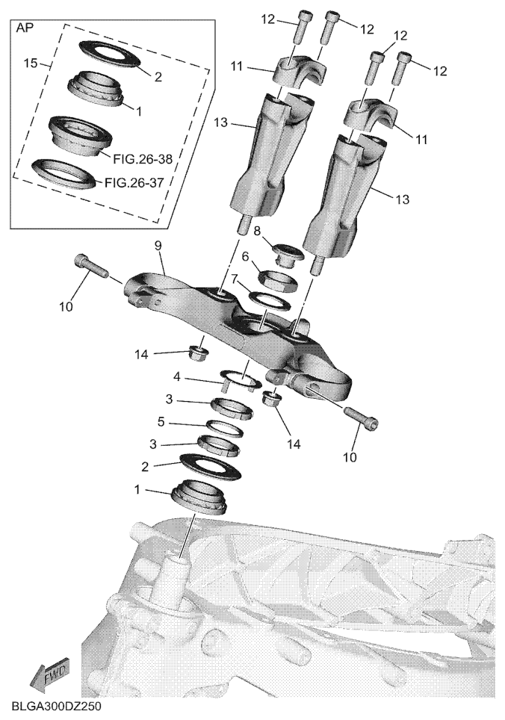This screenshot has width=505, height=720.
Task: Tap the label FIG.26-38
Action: pos(143,159)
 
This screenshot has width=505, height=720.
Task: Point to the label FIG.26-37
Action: pos(134,183)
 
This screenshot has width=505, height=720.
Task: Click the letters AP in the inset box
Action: pos(25,28)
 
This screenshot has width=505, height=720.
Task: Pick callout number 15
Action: pos(31,63)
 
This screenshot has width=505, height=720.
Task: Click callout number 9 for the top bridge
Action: pos(158,246)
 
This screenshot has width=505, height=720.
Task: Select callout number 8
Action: pos(257,230)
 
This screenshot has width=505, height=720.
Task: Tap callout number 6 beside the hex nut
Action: pos(245,256)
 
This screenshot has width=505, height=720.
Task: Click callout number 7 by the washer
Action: pos(235,279)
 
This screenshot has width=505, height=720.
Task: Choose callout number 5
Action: pos(161,421)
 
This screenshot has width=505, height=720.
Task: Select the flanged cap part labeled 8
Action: pos(288,255)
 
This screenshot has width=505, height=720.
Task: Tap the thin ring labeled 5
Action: pos(225,428)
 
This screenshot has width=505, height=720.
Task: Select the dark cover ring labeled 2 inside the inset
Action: pos(109,53)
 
